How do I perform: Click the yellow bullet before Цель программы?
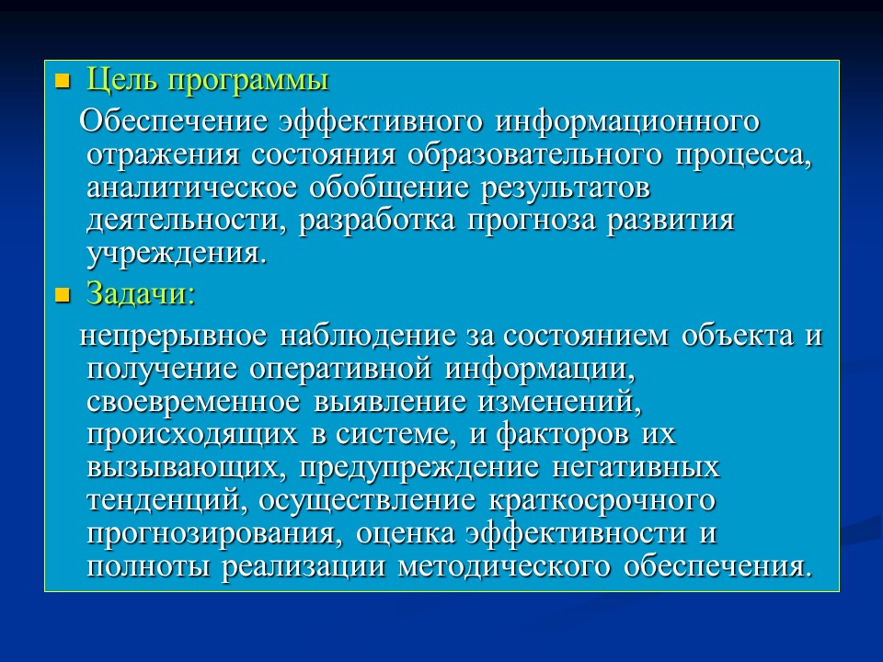63,82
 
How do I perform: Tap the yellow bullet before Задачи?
63,296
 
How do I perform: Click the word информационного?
629,121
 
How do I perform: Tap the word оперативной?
339,369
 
